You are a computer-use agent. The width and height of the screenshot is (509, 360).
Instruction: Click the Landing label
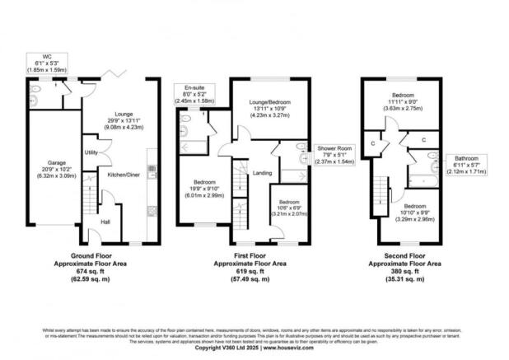[x=262, y=172]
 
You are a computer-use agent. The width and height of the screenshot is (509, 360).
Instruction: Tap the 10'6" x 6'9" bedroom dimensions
[x=288, y=207]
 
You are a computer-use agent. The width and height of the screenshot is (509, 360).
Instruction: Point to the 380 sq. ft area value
[x=403, y=272]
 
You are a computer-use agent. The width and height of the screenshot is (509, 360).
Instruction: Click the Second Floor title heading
[x=403, y=257]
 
